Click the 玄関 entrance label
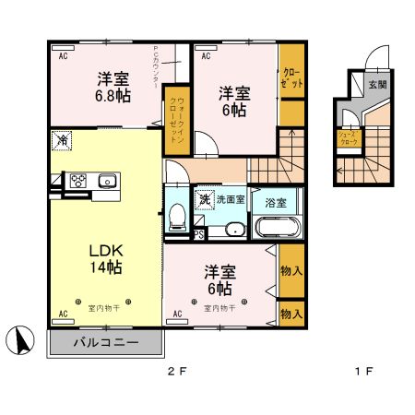tap(377, 84)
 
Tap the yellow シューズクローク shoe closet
tap(348, 137)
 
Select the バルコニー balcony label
tap(105, 341)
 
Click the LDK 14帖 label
tap(105, 258)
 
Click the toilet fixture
tap(176, 215)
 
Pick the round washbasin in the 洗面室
tap(235, 231)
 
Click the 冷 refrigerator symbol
tap(62, 141)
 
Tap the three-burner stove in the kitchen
tap(76, 181)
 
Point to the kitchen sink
tap(103, 181)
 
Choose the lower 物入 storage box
tap(291, 314)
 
